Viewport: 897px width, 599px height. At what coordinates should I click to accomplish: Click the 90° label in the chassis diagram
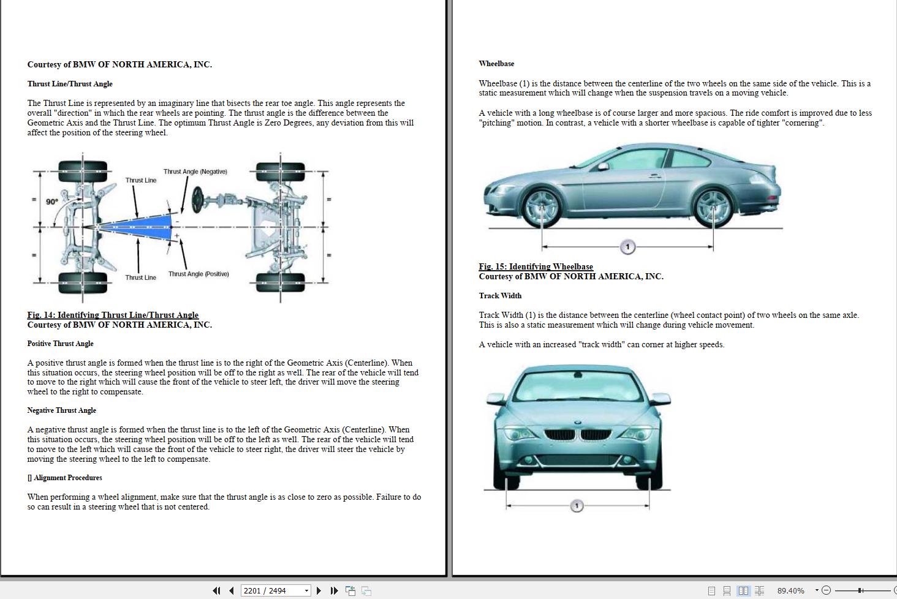52,202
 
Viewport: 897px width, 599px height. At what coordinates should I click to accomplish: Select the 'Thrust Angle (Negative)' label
195,171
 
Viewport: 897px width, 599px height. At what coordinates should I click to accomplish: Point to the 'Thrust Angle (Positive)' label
199,274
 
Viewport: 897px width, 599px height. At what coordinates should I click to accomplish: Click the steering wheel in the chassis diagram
197,200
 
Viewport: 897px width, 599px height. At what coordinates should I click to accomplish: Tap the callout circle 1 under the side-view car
627,247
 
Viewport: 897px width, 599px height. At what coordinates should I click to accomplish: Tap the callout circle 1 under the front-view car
577,506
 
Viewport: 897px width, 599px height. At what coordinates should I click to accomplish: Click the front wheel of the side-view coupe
542,206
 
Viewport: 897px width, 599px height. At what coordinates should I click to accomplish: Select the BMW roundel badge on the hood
577,423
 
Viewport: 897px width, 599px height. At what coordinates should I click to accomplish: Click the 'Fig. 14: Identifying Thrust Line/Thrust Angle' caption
113,315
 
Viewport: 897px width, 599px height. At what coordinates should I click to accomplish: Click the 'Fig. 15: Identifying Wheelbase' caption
536,266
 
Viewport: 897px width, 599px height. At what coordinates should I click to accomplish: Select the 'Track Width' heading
500,296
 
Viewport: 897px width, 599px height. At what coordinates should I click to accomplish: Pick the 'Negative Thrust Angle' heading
61,410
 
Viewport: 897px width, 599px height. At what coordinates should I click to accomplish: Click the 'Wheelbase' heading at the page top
496,64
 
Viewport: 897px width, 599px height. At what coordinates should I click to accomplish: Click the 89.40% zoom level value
790,590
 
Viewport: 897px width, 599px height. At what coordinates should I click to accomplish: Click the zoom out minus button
826,590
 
